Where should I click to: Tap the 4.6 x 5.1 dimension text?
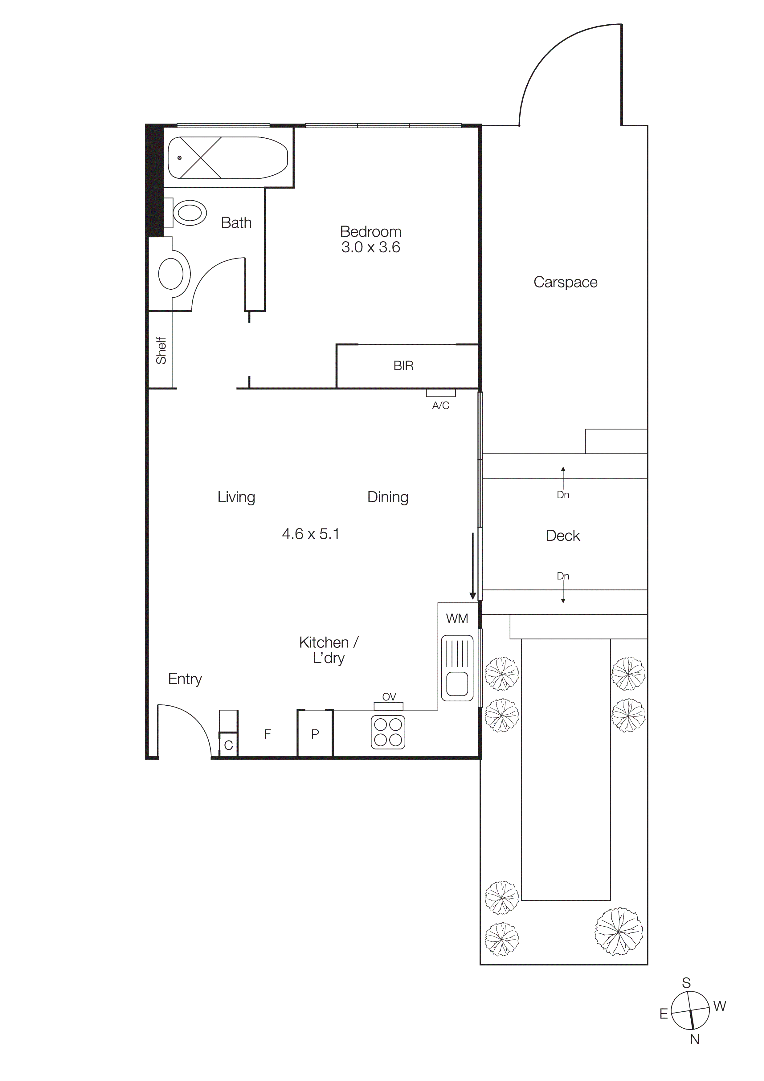310,534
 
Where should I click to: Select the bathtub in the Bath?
228,158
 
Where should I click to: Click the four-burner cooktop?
388,732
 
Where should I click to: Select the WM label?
457,619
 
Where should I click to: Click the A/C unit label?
441,406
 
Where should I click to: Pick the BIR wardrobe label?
403,366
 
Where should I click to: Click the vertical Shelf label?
161,350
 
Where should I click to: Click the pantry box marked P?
315,733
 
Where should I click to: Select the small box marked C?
228,745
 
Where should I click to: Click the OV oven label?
389,697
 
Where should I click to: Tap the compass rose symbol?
690,1011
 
